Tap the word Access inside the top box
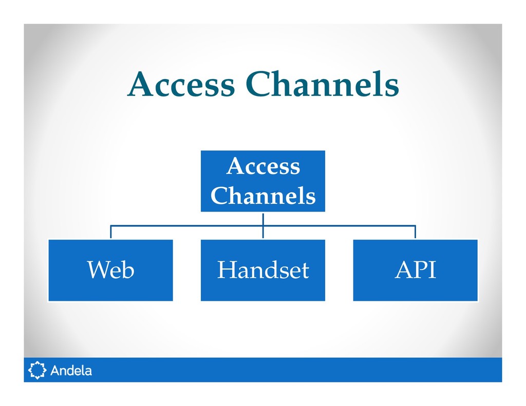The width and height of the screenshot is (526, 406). click(x=262, y=167)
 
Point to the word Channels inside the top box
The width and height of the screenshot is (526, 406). click(x=262, y=196)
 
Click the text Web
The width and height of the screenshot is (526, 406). click(x=110, y=270)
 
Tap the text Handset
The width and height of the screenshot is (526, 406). click(x=262, y=270)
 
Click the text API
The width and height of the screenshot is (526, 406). click(x=415, y=270)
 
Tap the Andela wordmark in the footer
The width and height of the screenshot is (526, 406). click(x=71, y=370)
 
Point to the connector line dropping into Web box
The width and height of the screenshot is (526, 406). click(x=111, y=232)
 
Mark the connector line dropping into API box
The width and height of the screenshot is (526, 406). click(x=415, y=232)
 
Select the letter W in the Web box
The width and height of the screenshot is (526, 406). click(x=98, y=270)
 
